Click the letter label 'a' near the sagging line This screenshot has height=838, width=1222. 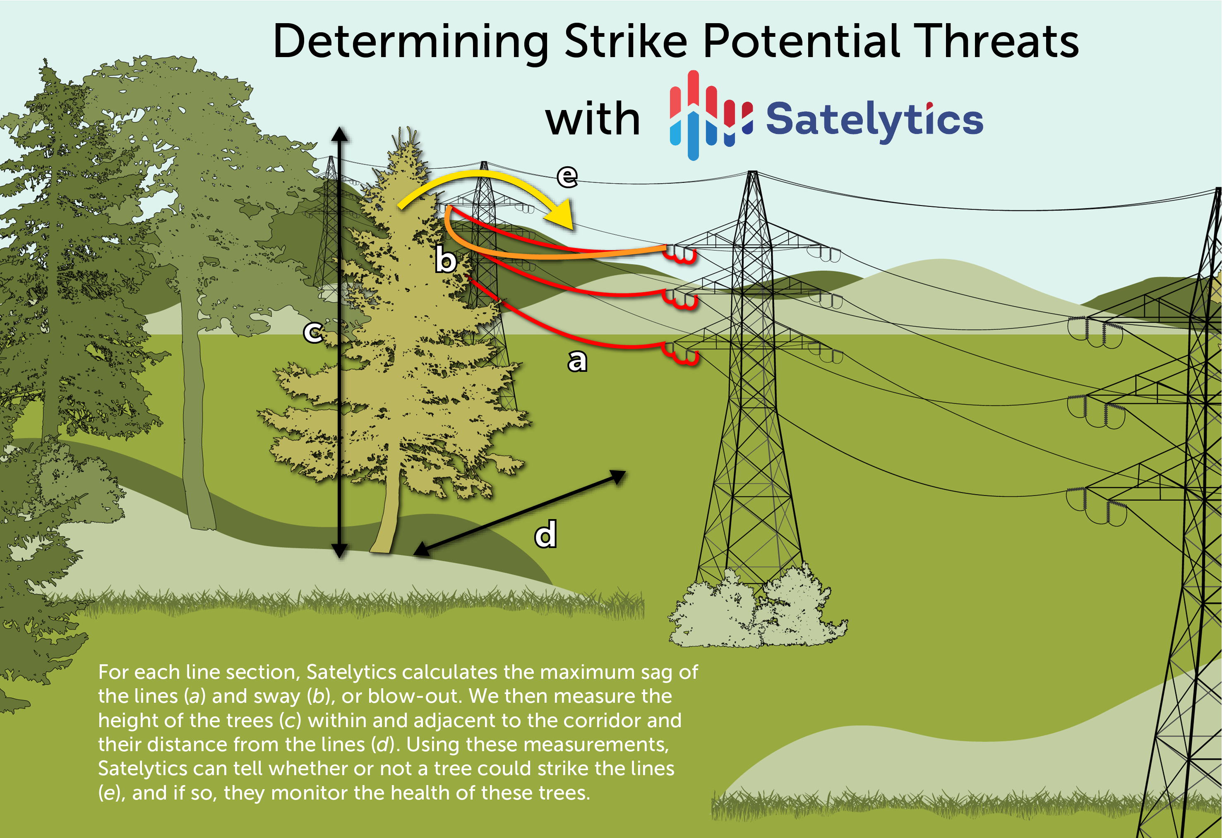pyautogui.click(x=577, y=361)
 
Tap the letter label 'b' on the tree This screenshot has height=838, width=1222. pyautogui.click(x=445, y=260)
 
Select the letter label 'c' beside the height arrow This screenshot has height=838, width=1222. pyautogui.click(x=313, y=332)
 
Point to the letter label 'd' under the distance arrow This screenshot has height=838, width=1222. pyautogui.click(x=545, y=534)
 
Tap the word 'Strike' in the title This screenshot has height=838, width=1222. pyautogui.click(x=626, y=41)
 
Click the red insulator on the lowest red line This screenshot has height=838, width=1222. pyautogui.click(x=682, y=355)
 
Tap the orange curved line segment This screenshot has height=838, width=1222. pyautogui.click(x=526, y=252)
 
